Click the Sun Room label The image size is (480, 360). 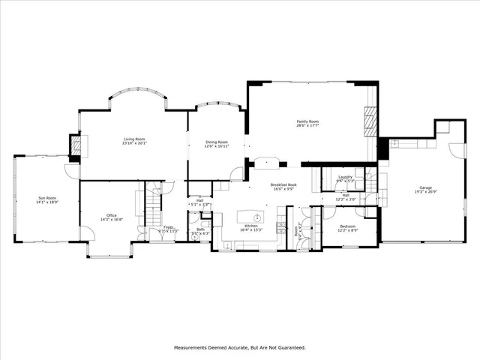[x=46, y=198]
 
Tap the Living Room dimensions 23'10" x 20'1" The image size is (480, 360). [x=134, y=144]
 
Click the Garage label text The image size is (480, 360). [x=425, y=187]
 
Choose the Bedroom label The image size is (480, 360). [x=347, y=225]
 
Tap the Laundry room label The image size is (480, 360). [x=345, y=177]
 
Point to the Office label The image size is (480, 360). [x=111, y=216]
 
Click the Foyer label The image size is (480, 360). [x=169, y=227]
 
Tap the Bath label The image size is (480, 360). [x=200, y=229]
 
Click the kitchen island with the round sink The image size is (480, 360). [x=253, y=209]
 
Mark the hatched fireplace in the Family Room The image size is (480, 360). [x=369, y=119]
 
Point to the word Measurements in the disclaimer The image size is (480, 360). [x=193, y=348]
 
